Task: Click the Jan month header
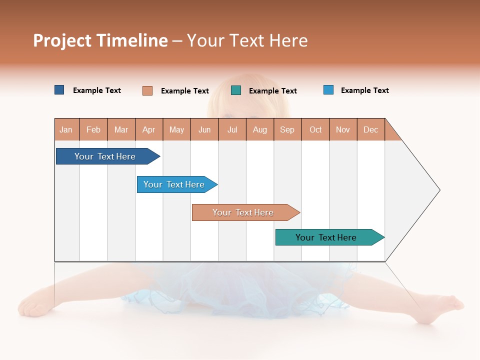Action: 66,129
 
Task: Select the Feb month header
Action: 93,129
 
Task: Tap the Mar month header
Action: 121,129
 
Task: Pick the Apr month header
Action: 149,129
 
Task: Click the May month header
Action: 176,129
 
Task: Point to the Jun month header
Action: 204,129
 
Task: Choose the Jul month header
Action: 232,129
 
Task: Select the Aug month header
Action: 260,129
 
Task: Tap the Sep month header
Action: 287,129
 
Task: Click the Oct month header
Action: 315,129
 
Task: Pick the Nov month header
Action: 343,129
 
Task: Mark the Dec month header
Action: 371,129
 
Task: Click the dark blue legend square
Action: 59,90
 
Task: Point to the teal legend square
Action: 236,90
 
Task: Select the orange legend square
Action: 147,90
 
